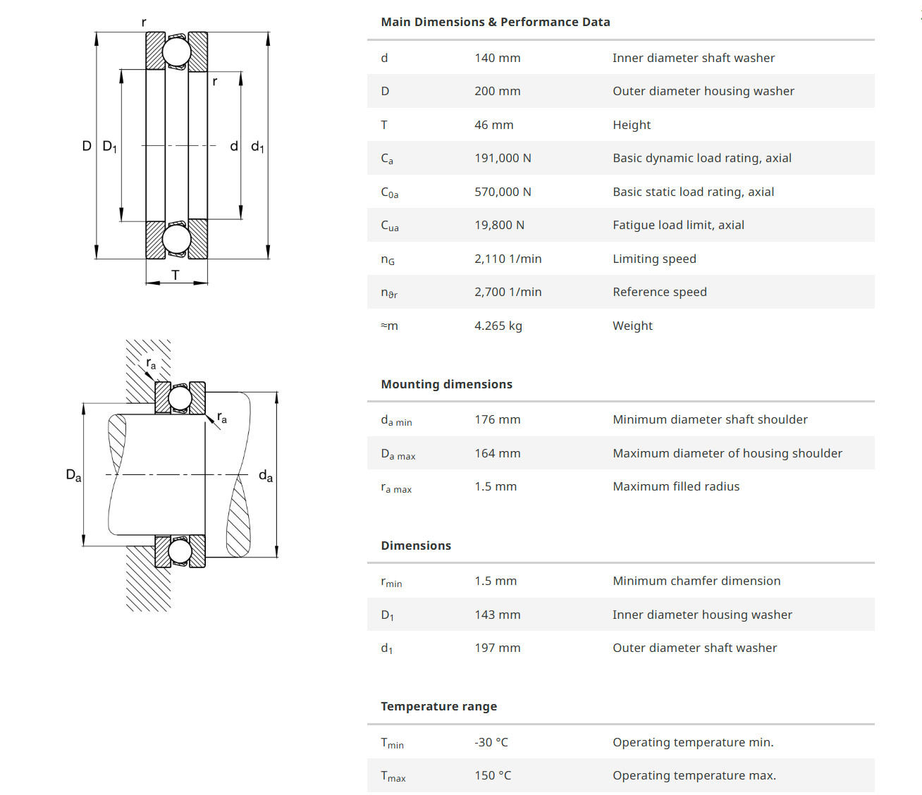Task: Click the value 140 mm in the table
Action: pyautogui.click(x=497, y=58)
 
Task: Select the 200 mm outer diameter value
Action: pyautogui.click(x=497, y=91)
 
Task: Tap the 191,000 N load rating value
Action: pyautogui.click(x=503, y=158)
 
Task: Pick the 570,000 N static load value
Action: pyautogui.click(x=503, y=192)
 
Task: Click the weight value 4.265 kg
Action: pyautogui.click(x=498, y=326)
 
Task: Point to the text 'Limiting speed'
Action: pyautogui.click(x=654, y=259)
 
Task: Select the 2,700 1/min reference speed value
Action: pyautogui.click(x=508, y=292)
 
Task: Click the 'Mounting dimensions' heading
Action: pyautogui.click(x=446, y=384)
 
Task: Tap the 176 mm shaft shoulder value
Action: pyautogui.click(x=497, y=419)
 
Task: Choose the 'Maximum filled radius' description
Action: pyautogui.click(x=676, y=486)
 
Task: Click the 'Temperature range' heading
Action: pyautogui.click(x=438, y=706)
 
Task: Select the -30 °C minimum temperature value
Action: pyautogui.click(x=491, y=742)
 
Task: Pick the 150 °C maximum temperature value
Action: pyautogui.click(x=493, y=775)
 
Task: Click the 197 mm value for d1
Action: pyautogui.click(x=497, y=648)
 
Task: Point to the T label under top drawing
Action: pyautogui.click(x=176, y=275)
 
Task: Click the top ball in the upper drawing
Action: pyautogui.click(x=176, y=52)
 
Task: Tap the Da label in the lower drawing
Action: pyautogui.click(x=73, y=475)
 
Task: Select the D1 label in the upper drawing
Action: pyautogui.click(x=109, y=147)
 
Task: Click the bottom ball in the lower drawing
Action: pyautogui.click(x=180, y=550)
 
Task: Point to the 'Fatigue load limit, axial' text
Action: pyautogui.click(x=678, y=225)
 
